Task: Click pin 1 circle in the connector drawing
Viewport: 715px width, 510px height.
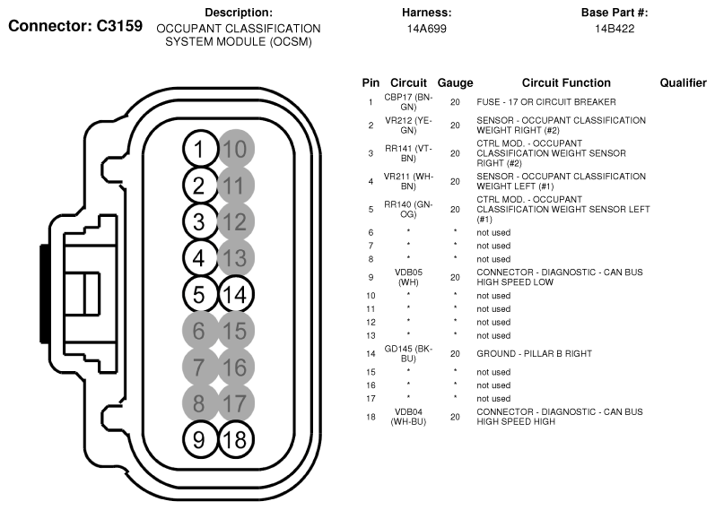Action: point(198,149)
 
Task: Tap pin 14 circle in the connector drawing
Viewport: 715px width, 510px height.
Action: point(236,294)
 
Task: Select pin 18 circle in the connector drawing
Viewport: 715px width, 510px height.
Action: point(236,439)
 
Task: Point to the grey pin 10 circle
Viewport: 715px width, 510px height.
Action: point(236,149)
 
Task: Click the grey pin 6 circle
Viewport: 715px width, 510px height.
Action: point(198,331)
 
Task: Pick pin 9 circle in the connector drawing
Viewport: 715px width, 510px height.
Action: point(198,439)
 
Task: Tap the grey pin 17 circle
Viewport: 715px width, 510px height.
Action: point(236,403)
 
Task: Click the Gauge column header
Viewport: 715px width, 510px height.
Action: point(455,82)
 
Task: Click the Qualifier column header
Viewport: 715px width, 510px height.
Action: point(683,82)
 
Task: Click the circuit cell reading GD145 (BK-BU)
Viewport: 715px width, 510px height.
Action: point(408,353)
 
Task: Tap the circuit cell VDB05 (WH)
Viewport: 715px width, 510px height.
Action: point(408,277)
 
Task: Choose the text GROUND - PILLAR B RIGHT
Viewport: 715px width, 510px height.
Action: point(534,353)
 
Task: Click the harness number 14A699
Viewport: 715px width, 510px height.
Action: point(426,29)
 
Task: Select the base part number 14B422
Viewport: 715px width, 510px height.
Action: point(615,29)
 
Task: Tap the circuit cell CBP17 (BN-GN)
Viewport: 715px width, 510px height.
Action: point(408,101)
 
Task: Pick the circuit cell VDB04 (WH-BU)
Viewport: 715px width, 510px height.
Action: point(408,416)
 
